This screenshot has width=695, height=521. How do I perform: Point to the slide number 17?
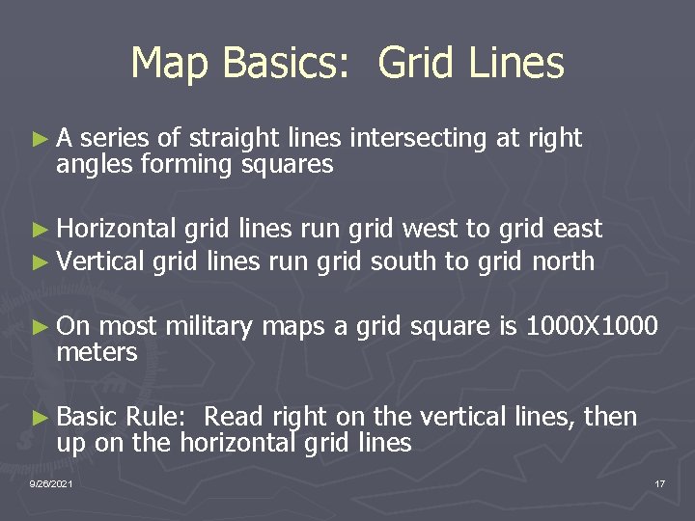point(659,482)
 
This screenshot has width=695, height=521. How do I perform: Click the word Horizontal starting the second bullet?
point(116,230)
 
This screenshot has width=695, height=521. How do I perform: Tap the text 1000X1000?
point(591,326)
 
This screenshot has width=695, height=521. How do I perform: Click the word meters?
point(97,353)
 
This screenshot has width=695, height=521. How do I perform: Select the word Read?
point(236,417)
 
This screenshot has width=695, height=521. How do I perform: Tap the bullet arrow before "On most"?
point(40,327)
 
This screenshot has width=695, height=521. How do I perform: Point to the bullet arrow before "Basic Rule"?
point(40,418)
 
